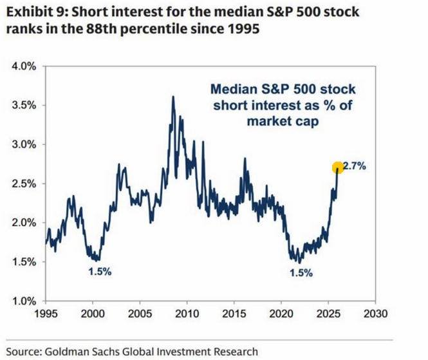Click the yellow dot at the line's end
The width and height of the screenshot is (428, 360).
click(x=337, y=168)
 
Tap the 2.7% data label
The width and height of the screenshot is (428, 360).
click(x=354, y=166)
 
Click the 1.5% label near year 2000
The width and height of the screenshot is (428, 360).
click(x=100, y=271)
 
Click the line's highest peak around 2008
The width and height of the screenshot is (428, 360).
click(x=172, y=97)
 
